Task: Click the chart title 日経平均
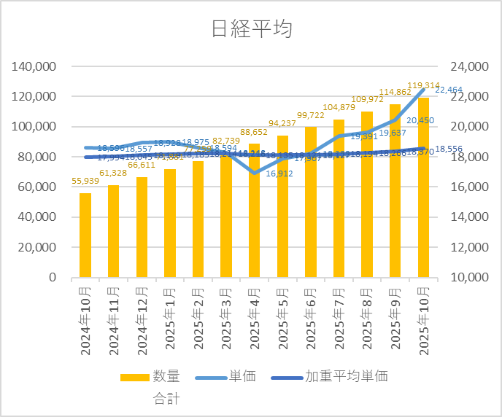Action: (x=251, y=28)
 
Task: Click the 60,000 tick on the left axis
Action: (x=38, y=187)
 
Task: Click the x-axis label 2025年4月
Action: (x=255, y=320)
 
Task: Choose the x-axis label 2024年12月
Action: (x=142, y=320)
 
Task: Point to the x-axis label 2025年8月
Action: (x=367, y=320)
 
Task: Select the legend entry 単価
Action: (x=242, y=377)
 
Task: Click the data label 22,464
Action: (x=450, y=90)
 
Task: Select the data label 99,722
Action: (x=311, y=116)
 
